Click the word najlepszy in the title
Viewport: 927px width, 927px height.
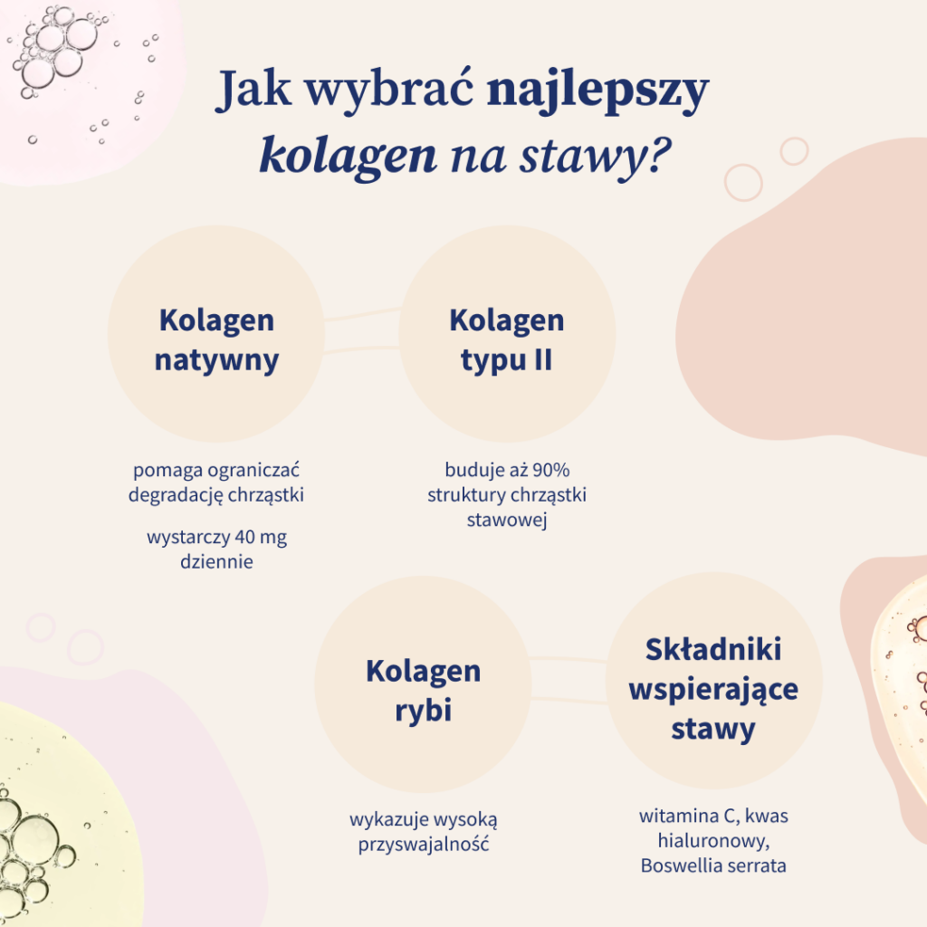click(597, 94)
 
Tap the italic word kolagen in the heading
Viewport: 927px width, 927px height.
click(348, 155)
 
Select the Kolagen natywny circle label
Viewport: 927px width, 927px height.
click(216, 339)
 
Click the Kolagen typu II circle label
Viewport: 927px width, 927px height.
click(506, 339)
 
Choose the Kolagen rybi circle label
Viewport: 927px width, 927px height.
click(423, 690)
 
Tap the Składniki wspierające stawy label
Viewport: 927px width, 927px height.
click(713, 689)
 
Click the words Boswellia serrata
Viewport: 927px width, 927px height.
click(713, 865)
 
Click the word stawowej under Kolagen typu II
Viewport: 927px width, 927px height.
click(507, 521)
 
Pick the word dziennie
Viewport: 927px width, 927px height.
click(216, 562)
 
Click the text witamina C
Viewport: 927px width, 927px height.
click(685, 817)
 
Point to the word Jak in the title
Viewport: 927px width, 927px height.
click(252, 94)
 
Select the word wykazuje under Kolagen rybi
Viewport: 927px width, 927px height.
click(385, 820)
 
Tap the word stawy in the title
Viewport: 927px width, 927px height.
click(578, 155)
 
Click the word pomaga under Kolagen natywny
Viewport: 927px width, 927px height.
click(167, 471)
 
